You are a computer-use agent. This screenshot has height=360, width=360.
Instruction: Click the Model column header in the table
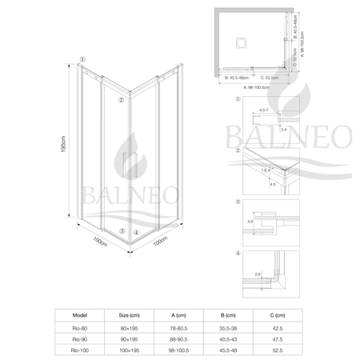pos(79,314)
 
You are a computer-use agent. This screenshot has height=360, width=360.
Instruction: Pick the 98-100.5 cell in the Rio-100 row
pos(186,350)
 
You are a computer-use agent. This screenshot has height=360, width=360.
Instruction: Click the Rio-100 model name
pos(79,350)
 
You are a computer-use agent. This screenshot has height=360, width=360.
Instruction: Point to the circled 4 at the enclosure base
pos(136,232)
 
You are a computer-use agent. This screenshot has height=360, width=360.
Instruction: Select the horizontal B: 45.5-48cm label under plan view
pos(238,78)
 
